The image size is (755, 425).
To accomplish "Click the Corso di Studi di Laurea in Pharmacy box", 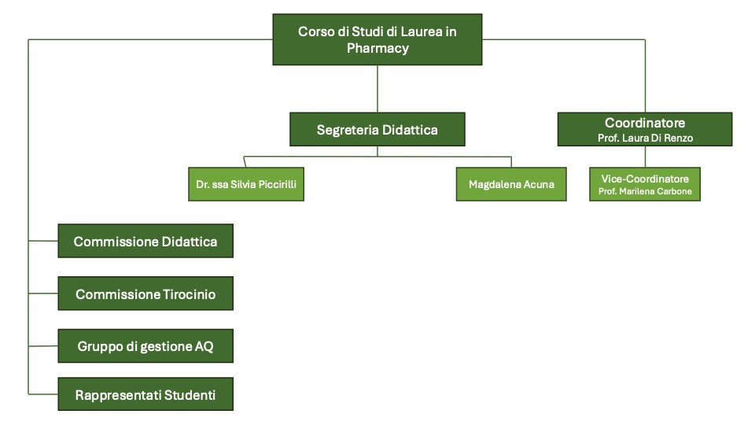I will click(377, 39).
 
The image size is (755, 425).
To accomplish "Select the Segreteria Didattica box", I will click(377, 129).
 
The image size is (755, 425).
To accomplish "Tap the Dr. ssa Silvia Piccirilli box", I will click(246, 184).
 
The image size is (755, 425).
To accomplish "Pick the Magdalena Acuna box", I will click(511, 184).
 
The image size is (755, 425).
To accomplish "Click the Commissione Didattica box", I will click(145, 241).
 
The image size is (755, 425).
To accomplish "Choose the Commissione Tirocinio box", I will click(145, 294).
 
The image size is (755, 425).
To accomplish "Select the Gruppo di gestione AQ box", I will click(145, 346).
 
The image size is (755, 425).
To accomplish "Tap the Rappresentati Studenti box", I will click(145, 394).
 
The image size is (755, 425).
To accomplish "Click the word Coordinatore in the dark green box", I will click(645, 123).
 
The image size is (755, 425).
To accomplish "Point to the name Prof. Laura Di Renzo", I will click(645, 138).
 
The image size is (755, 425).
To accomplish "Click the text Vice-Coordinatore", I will click(645, 179).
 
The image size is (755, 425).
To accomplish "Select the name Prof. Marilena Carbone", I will click(645, 192).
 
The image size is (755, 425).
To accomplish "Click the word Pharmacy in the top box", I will click(377, 48).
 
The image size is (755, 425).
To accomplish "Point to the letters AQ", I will click(204, 346).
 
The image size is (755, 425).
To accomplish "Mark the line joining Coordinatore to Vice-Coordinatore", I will click(645, 156).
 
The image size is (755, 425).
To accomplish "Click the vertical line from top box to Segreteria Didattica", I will click(377, 88).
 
